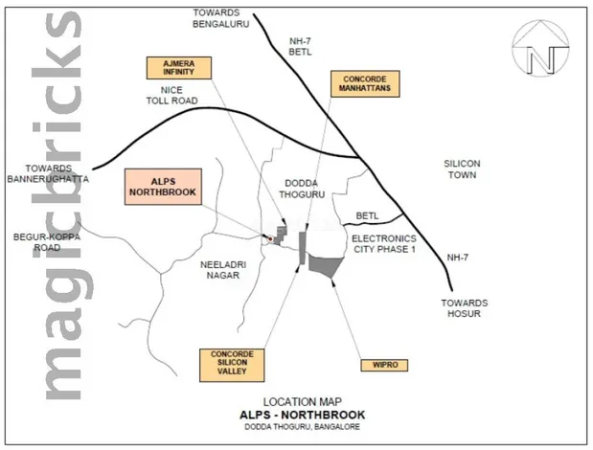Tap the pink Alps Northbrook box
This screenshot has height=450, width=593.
pos(162,186)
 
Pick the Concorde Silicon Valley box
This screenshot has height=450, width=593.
pos(231,366)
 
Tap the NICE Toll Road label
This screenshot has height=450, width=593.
pos(171,95)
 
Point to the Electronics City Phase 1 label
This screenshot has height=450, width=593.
pos(383,243)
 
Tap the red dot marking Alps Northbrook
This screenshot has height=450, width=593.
pos(270,238)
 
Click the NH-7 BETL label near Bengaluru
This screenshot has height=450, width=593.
pos(302,47)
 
